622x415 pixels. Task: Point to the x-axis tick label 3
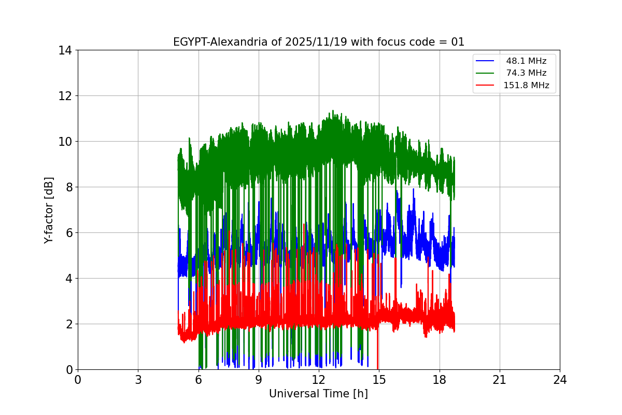tap(138, 380)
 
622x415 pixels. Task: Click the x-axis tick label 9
tap(259, 380)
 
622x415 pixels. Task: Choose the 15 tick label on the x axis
tap(379, 380)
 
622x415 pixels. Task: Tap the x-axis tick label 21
tap(500, 380)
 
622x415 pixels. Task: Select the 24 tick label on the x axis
tap(560, 380)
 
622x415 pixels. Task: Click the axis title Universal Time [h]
tap(318, 394)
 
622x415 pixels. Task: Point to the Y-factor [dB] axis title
tap(49, 210)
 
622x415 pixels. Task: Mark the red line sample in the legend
tap(485, 86)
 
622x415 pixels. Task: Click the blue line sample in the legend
tap(485, 61)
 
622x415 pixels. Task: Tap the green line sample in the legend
tap(485, 73)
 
